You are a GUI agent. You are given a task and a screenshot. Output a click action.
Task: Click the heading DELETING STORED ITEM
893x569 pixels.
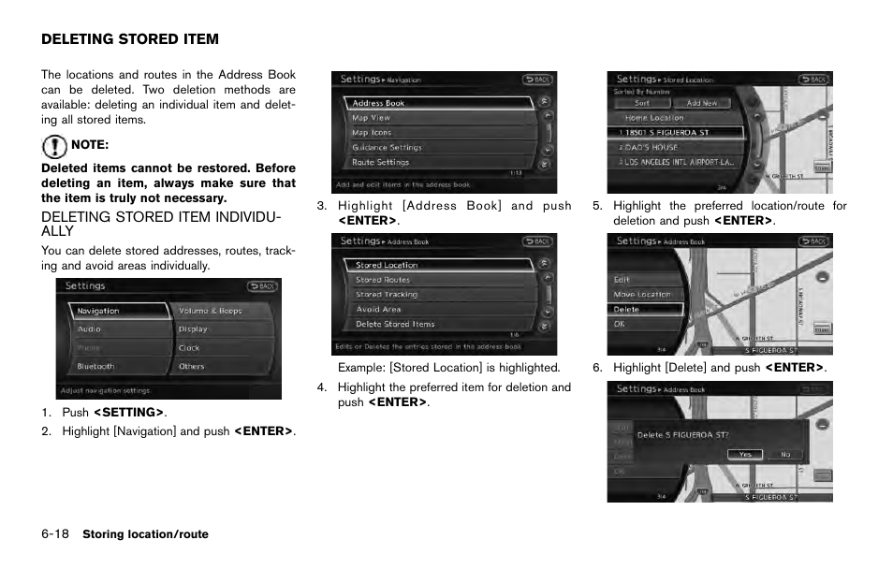130,39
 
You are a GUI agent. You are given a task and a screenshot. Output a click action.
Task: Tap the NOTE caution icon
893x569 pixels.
54,145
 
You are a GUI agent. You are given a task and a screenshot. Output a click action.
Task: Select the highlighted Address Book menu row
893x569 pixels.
440,103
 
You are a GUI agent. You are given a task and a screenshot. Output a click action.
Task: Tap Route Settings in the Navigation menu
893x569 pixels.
440,162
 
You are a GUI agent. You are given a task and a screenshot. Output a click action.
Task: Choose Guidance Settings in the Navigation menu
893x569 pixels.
440,147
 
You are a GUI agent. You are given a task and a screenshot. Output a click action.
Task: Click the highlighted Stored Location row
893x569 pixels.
440,265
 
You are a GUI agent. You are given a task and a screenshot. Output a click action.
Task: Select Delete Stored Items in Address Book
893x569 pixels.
440,324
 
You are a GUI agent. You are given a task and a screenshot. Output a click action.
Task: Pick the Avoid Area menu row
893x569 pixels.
440,309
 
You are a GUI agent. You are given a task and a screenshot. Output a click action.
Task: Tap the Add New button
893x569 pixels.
702,103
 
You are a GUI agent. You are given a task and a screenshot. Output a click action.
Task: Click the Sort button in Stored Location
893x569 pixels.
642,103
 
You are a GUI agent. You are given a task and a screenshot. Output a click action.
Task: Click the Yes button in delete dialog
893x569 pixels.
744,454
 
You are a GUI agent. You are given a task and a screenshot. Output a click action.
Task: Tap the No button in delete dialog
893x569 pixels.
784,454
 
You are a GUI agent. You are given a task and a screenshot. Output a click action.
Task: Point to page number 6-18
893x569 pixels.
54,534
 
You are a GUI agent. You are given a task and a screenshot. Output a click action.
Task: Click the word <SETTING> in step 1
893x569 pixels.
128,413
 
